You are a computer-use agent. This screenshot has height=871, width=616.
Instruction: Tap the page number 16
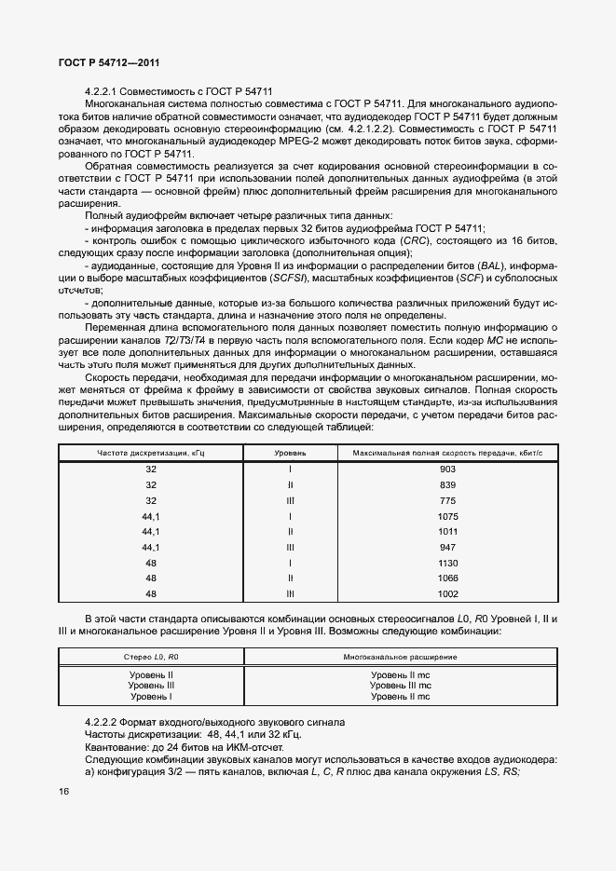pyautogui.click(x=64, y=791)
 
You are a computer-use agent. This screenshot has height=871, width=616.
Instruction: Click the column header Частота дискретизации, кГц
pyautogui.click(x=151, y=452)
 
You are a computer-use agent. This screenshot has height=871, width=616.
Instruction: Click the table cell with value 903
pyautogui.click(x=447, y=470)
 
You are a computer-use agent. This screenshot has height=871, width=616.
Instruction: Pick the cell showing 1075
pyautogui.click(x=447, y=516)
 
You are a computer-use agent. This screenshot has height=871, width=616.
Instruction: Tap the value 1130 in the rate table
pyautogui.click(x=447, y=563)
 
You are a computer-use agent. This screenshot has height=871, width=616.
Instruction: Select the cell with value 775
pyautogui.click(x=447, y=500)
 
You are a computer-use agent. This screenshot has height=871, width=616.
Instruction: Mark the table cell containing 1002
pyautogui.click(x=447, y=593)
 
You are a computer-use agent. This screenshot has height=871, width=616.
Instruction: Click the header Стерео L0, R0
pyautogui.click(x=151, y=657)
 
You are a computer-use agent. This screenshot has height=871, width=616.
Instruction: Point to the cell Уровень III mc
pyautogui.click(x=399, y=685)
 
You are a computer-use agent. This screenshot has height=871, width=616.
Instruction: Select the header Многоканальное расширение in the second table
pyautogui.click(x=399, y=657)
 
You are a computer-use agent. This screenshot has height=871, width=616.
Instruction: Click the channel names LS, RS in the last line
pyautogui.click(x=502, y=772)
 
